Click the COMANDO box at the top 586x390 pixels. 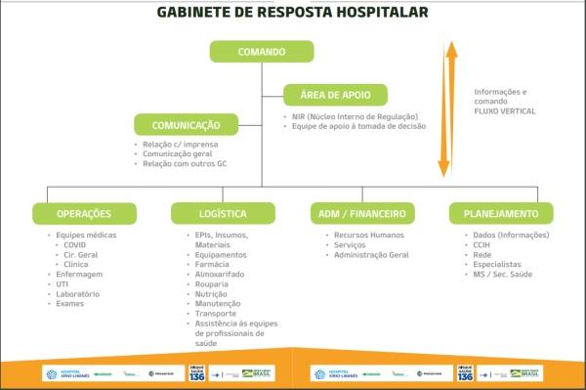click(x=262, y=52)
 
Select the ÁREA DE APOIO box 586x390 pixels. click(x=335, y=96)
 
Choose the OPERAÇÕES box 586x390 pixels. click(x=84, y=213)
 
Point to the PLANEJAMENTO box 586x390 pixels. click(x=501, y=213)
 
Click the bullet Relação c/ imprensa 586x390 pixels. click(x=176, y=145)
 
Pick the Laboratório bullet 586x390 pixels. click(x=82, y=293)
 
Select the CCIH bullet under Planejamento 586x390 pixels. click(x=482, y=245)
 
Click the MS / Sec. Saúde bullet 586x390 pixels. click(x=502, y=274)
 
